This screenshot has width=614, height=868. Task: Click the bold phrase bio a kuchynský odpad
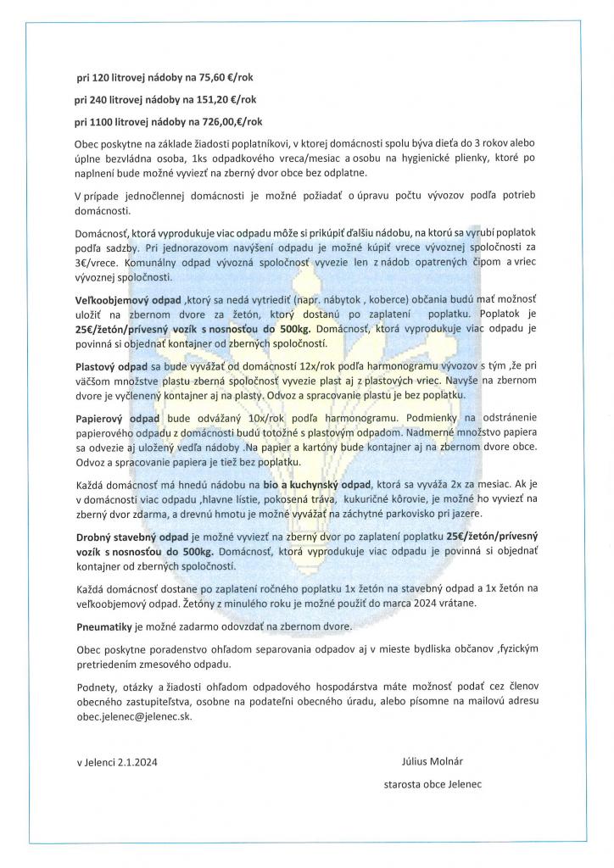point(311,484)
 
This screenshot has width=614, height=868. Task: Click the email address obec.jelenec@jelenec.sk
point(134,716)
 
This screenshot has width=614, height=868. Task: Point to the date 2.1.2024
point(136,762)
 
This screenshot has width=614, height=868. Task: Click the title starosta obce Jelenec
point(433,785)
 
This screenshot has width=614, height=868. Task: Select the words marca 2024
point(406,603)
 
